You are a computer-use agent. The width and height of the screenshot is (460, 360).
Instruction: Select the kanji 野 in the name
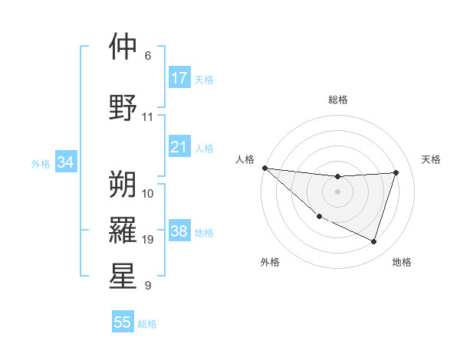click(123, 106)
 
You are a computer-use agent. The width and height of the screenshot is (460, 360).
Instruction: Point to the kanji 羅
click(123, 229)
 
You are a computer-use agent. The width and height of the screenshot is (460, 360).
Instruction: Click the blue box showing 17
click(179, 78)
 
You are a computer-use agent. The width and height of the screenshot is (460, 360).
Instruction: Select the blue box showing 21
click(179, 147)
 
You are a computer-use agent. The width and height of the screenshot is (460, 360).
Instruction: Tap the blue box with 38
click(179, 232)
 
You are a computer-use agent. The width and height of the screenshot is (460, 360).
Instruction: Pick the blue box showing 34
click(65, 162)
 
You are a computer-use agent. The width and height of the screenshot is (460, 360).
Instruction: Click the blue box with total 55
click(123, 322)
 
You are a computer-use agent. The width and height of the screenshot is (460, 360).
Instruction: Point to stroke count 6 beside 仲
click(147, 55)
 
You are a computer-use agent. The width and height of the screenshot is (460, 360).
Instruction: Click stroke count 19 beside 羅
click(147, 240)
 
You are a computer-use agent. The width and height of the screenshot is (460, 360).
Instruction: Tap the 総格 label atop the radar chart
click(337, 100)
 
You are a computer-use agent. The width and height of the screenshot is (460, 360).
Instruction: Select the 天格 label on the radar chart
click(431, 159)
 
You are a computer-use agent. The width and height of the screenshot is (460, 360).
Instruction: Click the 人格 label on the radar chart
click(245, 159)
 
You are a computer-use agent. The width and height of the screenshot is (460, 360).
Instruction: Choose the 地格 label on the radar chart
click(402, 262)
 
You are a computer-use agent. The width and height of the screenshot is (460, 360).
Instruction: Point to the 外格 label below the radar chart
click(270, 262)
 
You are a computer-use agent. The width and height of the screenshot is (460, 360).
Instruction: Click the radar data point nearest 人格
click(264, 168)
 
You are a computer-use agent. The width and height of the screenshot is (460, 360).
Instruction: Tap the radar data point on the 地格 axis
click(373, 241)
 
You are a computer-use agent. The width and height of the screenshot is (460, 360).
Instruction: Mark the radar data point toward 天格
click(396, 172)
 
